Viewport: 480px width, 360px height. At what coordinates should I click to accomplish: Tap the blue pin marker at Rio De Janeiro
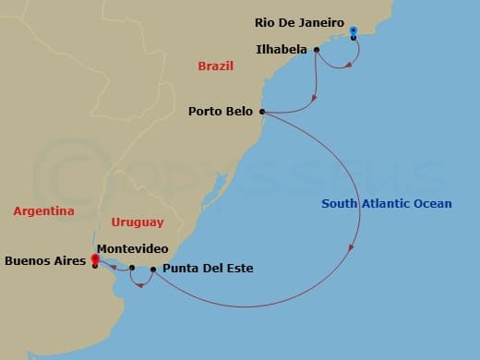coord(354,32)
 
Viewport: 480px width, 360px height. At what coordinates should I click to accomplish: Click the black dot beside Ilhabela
coord(317,50)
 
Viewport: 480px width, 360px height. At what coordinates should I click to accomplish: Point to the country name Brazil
coord(215,66)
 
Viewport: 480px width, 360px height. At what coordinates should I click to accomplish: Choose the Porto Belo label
coord(221,112)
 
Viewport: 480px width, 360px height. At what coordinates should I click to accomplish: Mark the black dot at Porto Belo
coord(263,112)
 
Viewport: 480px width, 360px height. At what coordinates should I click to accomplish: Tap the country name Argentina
coord(43,211)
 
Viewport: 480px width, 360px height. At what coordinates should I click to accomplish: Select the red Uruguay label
coord(138,222)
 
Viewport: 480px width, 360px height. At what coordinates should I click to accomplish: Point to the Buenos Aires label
coord(45,261)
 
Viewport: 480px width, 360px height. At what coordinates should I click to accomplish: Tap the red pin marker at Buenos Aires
coord(94,260)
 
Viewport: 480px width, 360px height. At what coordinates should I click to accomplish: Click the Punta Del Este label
coord(207,270)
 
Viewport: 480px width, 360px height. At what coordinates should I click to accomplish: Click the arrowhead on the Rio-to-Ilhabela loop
coord(348,65)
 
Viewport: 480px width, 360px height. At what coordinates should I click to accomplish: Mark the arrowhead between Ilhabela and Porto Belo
coord(315,97)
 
